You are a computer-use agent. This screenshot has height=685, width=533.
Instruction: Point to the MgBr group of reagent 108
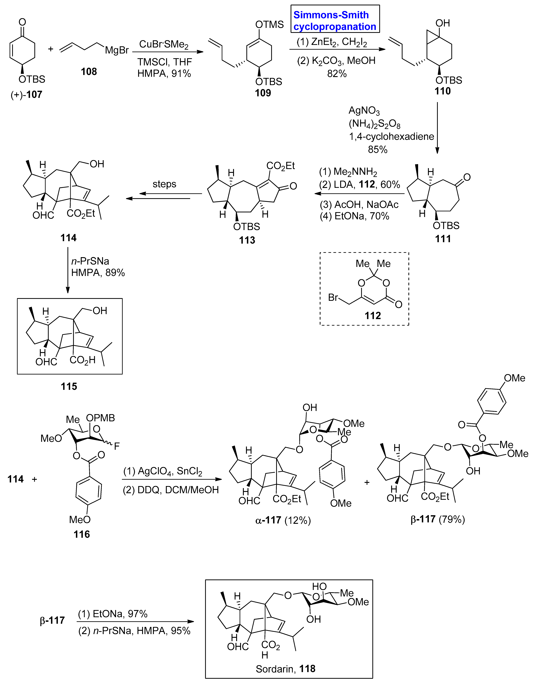pyautogui.click(x=117, y=50)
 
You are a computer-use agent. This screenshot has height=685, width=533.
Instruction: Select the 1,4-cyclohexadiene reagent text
pyautogui.click(x=391, y=136)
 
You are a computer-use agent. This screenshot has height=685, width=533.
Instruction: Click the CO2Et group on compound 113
pyautogui.click(x=280, y=166)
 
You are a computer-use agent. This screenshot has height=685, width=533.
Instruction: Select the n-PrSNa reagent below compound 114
pyautogui.click(x=90, y=261)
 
